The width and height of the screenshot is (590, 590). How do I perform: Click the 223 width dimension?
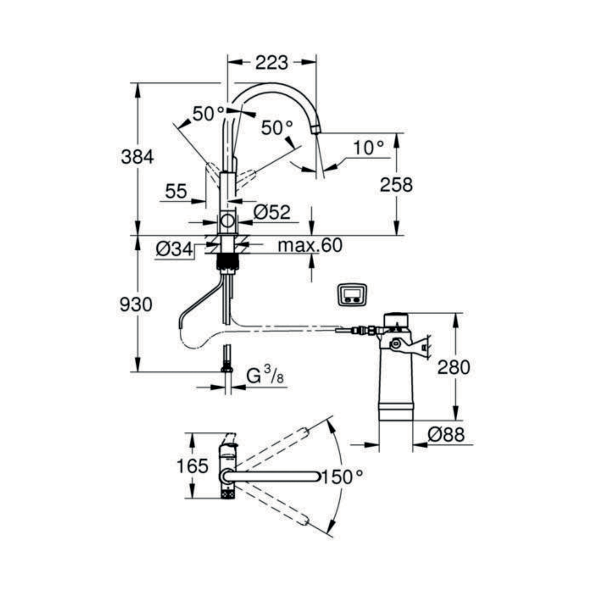click(271, 63)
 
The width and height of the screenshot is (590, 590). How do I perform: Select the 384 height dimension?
click(137, 157)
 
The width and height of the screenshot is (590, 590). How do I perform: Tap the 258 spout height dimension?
click(396, 184)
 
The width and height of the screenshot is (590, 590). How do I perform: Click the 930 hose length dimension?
click(136, 305)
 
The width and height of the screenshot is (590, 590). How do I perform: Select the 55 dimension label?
click(176, 192)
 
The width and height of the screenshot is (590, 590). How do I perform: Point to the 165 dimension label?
click(192, 466)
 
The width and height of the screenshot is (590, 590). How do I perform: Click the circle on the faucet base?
click(228, 220)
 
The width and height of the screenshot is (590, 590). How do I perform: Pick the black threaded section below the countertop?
click(228, 261)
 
